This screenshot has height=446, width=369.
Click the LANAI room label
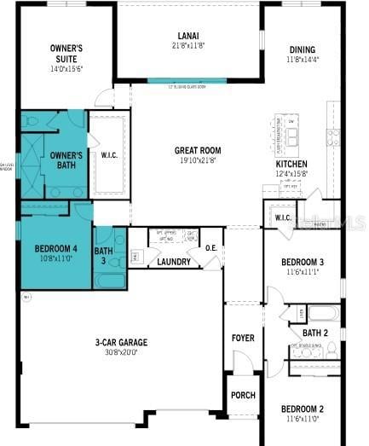coord(188,35)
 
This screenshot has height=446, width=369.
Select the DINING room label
coord(302,49)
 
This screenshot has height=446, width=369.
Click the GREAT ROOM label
coord(198,150)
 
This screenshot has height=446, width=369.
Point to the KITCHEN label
coord(291,164)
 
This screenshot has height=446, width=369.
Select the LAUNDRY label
coord(174,262)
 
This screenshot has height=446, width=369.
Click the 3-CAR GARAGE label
coord(121,342)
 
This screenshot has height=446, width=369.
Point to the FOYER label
coord(243,338)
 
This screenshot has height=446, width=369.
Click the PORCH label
coord(243,395)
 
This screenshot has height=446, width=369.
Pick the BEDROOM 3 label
coord(303,262)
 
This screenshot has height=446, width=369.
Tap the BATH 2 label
coord(315,333)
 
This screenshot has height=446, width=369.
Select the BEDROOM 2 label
coord(303,408)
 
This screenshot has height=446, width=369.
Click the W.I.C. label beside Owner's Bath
coord(109,155)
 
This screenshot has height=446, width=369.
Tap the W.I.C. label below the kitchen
coord(283,217)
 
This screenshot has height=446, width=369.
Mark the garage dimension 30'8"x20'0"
coord(121,350)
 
